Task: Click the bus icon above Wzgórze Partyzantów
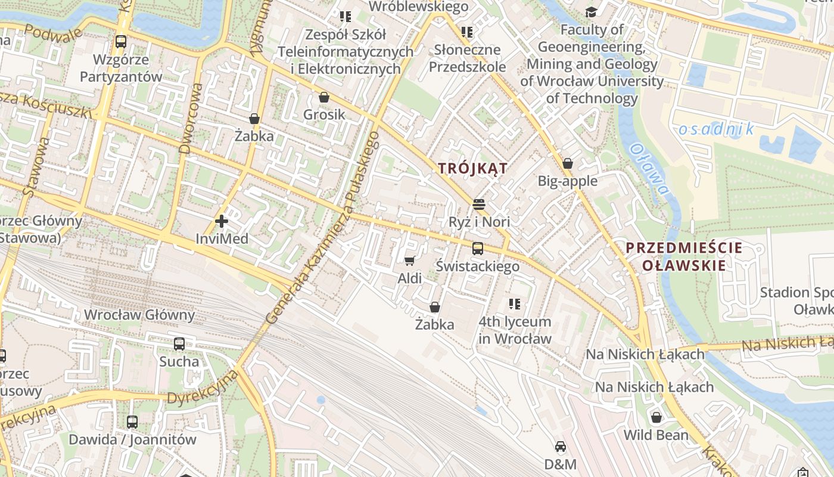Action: [121, 42]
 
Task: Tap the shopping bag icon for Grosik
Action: [324, 97]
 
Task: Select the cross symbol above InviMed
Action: [222, 222]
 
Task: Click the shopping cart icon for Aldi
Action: [409, 261]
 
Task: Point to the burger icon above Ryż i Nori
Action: [478, 205]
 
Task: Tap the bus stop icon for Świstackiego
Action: [478, 249]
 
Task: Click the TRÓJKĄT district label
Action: [473, 169]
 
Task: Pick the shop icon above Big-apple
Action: [568, 163]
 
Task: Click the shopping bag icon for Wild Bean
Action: [656, 417]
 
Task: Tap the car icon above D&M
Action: [560, 447]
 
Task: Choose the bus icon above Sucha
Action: [179, 344]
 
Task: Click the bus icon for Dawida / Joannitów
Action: [132, 422]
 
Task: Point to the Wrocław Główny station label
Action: [139, 315]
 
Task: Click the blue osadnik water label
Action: [717, 129]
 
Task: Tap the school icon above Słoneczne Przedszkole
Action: [467, 32]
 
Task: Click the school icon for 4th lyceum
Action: [515, 304]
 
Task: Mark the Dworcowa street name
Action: [192, 118]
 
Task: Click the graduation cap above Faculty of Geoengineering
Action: [591, 12]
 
